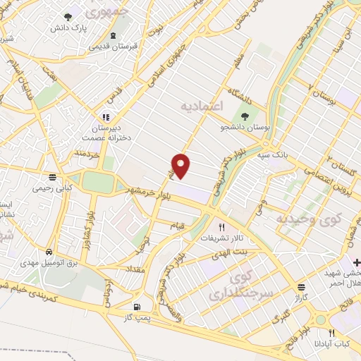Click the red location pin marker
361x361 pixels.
click(x=182, y=166)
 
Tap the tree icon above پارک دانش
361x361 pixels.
click(x=68, y=17)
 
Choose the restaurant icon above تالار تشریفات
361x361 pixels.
click(x=221, y=227)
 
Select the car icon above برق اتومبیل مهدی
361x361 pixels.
click(x=48, y=252)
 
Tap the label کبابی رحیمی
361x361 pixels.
click(x=52, y=188)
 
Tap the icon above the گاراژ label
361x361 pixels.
click(x=301, y=287)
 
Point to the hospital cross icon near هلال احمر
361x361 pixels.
click(x=356, y=262)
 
